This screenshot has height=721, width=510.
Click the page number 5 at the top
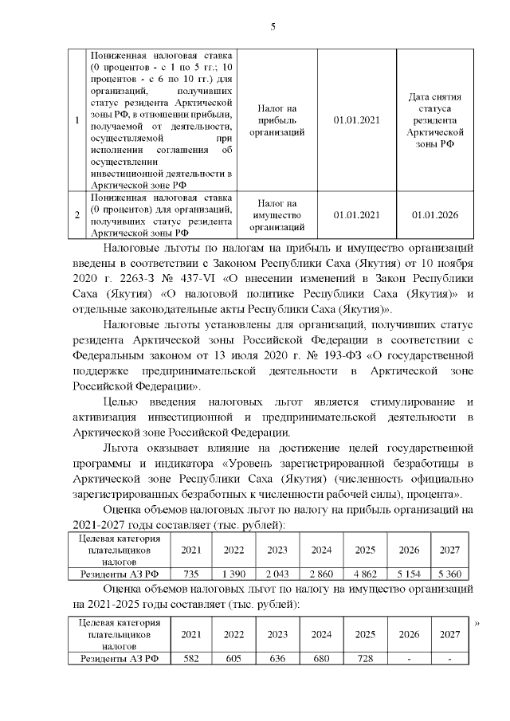[273, 27]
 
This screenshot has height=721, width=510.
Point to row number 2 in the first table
[76, 214]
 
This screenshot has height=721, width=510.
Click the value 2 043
[277, 573]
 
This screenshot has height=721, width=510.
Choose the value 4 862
[365, 573]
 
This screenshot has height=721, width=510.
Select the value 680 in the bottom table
[321, 658]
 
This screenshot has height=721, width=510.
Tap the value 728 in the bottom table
[365, 658]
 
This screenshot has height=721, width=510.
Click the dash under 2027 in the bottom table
[449, 658]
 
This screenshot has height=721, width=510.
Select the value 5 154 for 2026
[408, 573]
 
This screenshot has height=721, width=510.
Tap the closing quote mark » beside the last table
[477, 623]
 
